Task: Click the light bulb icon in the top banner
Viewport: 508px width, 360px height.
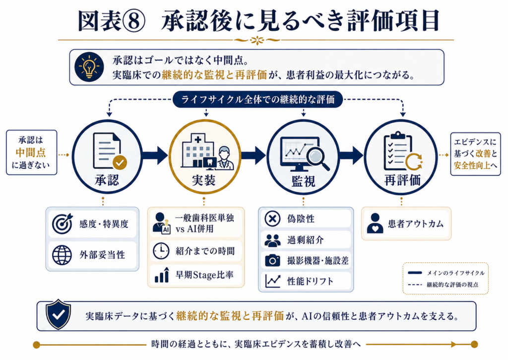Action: [89, 67]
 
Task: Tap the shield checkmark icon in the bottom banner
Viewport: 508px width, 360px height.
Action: [59, 314]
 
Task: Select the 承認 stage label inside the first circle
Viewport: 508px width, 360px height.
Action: [107, 180]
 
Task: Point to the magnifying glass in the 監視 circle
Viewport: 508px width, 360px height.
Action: [316, 157]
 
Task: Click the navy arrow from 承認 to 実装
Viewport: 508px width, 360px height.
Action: [155, 155]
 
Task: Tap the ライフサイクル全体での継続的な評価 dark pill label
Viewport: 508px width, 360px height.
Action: [258, 99]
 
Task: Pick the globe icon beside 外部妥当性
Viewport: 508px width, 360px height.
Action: [62, 255]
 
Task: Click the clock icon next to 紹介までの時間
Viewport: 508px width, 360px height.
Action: [161, 251]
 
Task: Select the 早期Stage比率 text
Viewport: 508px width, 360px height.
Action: [204, 275]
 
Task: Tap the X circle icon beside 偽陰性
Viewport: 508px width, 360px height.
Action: [272, 218]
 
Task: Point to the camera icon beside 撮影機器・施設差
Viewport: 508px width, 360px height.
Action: [272, 260]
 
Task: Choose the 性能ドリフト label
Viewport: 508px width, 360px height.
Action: [310, 281]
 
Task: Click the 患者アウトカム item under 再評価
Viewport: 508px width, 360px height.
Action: [406, 223]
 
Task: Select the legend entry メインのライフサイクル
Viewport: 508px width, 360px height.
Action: [446, 273]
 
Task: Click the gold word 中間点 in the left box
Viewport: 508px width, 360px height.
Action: [31, 152]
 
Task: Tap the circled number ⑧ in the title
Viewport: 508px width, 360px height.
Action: [134, 21]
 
